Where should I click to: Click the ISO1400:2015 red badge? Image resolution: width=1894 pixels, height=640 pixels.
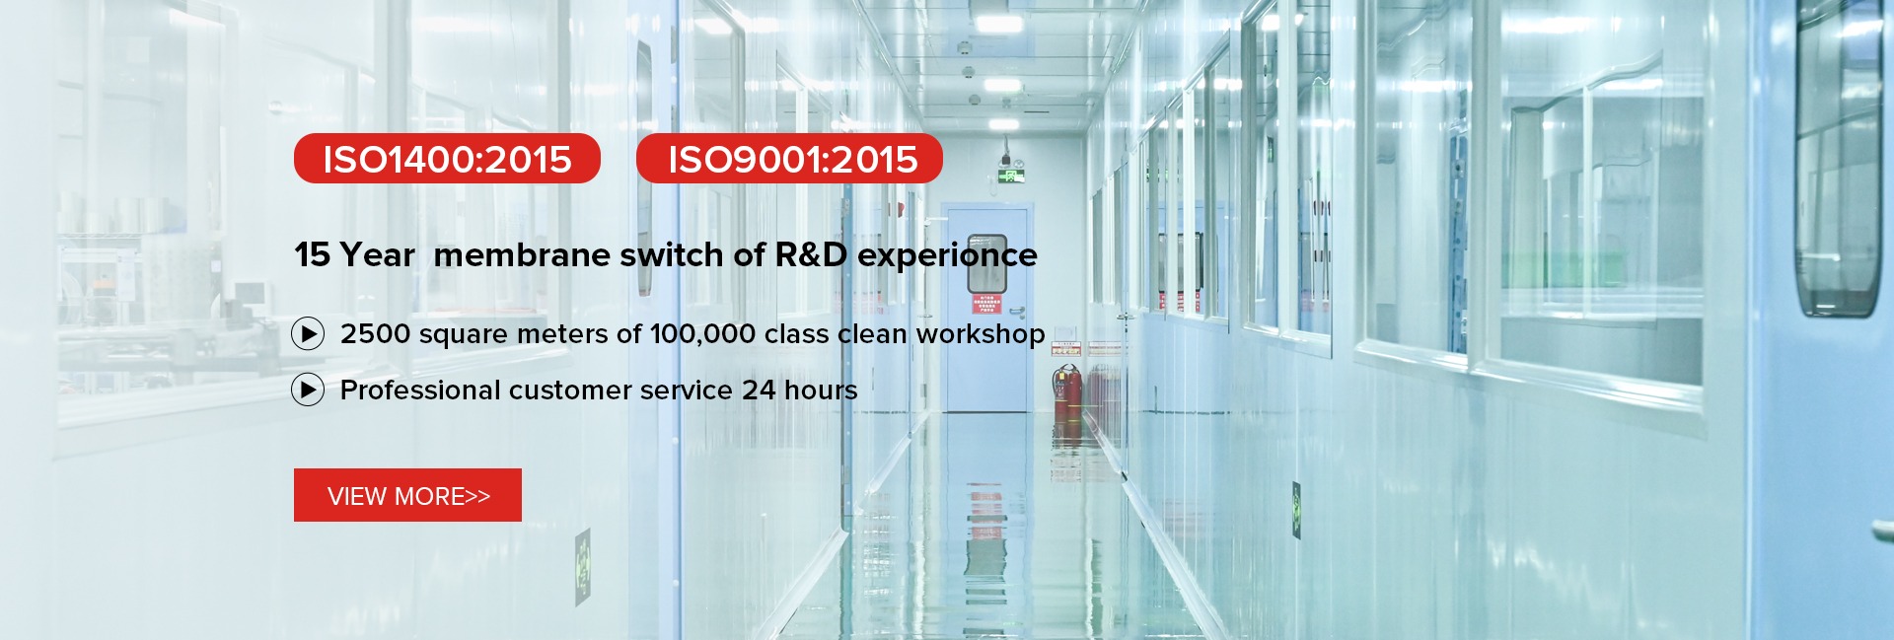(x=447, y=159)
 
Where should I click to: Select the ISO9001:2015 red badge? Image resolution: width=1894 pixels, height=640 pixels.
(x=789, y=159)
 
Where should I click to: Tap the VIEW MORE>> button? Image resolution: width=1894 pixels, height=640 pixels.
(x=407, y=495)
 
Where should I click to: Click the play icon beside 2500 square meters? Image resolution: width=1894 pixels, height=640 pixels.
(x=308, y=334)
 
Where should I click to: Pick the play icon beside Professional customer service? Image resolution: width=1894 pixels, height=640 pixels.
(x=308, y=391)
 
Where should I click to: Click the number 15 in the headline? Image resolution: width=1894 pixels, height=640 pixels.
(x=312, y=254)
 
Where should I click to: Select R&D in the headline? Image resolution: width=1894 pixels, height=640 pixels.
(x=811, y=254)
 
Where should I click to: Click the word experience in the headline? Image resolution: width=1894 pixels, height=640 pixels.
(x=947, y=256)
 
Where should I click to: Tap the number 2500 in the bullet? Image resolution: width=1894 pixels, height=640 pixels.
(x=375, y=334)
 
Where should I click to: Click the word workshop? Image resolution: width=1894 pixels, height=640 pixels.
(x=981, y=334)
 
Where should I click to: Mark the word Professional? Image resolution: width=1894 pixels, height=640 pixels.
(x=419, y=391)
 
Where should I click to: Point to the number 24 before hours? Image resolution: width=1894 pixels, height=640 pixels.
(x=759, y=391)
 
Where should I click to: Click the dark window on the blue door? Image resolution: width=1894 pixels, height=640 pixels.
(x=986, y=262)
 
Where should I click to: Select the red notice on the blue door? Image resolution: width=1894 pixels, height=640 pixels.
(x=986, y=304)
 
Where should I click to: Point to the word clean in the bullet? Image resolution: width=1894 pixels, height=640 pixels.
(x=872, y=334)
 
